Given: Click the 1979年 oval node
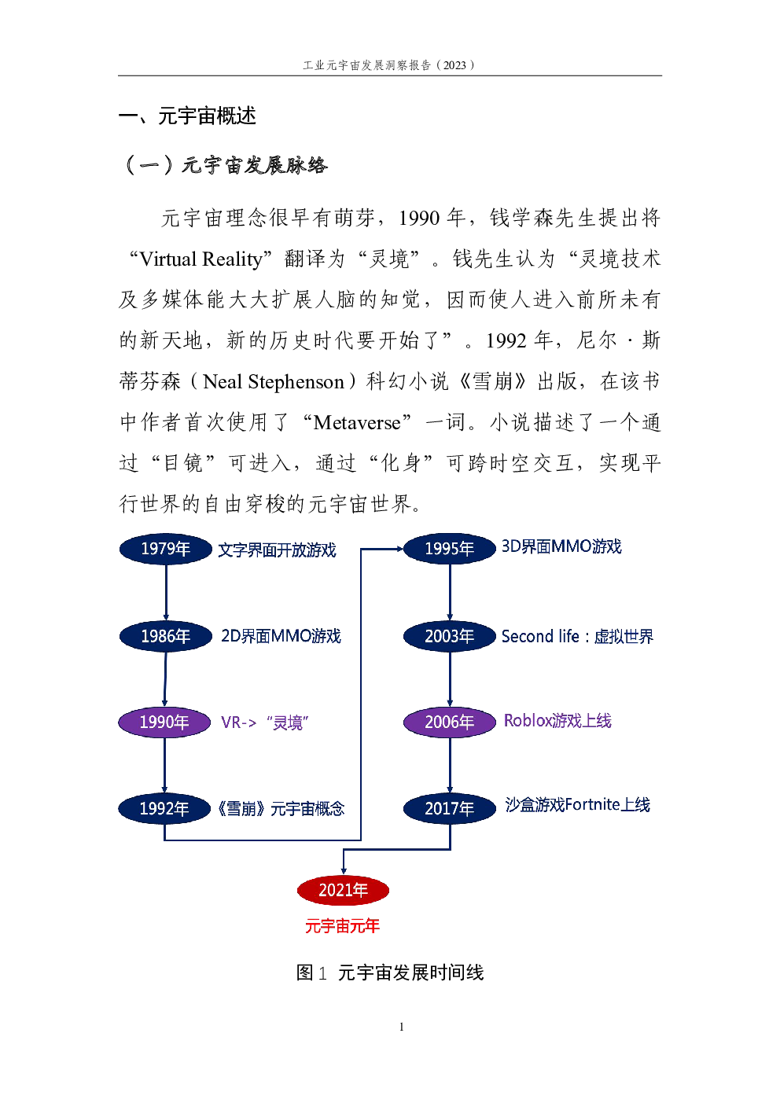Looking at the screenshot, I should click(165, 549).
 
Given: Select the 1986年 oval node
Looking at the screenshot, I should click(165, 636).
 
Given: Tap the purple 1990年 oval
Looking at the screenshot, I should click(164, 722).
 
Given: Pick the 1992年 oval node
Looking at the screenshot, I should click(164, 809).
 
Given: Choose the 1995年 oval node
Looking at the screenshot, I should click(449, 549).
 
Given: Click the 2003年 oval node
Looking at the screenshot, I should click(449, 636).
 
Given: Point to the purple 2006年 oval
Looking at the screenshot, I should click(449, 722).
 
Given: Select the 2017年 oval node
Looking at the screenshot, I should click(449, 809).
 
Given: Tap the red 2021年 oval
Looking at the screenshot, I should click(343, 890).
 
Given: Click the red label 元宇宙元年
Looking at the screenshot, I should click(343, 926).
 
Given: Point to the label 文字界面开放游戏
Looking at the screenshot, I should click(277, 550).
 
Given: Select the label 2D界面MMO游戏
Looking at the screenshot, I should click(281, 636).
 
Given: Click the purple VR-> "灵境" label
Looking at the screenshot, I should click(264, 722).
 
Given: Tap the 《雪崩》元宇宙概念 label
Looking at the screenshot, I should click(281, 808).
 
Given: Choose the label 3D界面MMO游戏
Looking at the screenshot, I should click(561, 546).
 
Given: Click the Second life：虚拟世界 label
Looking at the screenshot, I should click(577, 636).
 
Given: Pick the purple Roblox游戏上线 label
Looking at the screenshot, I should click(557, 720).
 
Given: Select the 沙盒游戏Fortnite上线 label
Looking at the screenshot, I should click(577, 804).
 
